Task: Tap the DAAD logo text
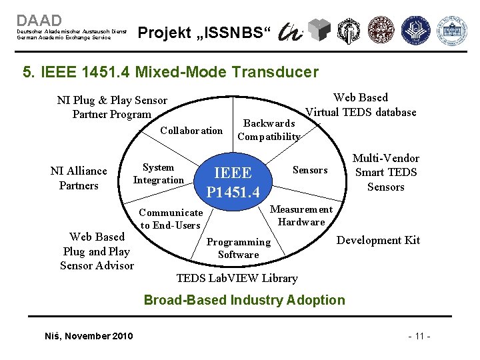pos(39,21)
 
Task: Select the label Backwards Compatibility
pos(269,130)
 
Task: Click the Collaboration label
pos(191,131)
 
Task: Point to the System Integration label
pos(159,174)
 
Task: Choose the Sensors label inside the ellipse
pos(310,170)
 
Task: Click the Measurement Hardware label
pos(301,215)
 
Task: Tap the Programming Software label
pos(239,248)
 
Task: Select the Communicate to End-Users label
pos(171,219)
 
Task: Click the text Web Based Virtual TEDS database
pos(361,105)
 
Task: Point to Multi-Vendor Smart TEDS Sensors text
pos(386,173)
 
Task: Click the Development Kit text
pos(378,240)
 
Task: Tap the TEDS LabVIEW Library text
pos(237,278)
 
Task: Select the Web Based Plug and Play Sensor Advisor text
pos(97,251)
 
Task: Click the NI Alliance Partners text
pos(79,178)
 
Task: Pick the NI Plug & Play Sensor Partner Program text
pos(112,107)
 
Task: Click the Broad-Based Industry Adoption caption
pos(245,300)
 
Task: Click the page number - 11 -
pos(419,335)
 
